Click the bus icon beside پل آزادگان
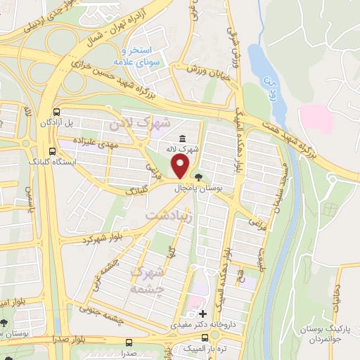click(56, 112)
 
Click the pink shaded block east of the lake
click(315, 118)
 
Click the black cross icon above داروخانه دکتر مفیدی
click(202, 314)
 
